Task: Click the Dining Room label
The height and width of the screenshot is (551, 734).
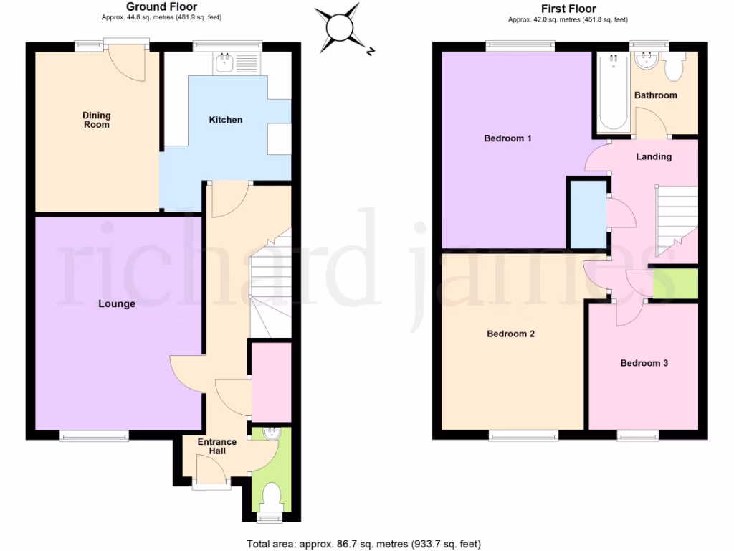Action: (97, 120)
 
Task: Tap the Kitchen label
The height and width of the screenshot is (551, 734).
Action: (225, 120)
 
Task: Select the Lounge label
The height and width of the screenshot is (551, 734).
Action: (117, 304)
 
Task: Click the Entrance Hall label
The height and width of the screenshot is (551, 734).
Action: (217, 446)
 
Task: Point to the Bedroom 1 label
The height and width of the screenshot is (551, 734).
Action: (507, 138)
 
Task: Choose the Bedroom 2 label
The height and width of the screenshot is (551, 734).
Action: (510, 334)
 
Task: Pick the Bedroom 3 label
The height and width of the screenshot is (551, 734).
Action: (644, 363)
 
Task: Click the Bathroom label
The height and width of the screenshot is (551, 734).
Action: (655, 95)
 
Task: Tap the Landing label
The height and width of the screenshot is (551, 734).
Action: (654, 156)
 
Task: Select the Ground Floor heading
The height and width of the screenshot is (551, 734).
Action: (161, 7)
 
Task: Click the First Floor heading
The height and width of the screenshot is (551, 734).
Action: (568, 9)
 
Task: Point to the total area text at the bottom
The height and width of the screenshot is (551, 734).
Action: (363, 543)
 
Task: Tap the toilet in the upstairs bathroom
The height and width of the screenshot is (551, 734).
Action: (674, 68)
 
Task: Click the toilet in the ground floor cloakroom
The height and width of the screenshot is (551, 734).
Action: (271, 496)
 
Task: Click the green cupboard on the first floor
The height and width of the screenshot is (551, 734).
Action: (675, 284)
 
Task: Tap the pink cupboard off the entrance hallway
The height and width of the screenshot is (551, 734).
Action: (272, 382)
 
